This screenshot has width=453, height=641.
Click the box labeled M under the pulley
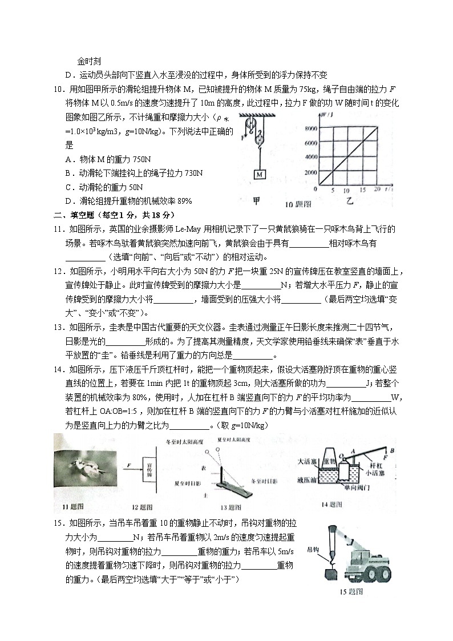pos(259,174)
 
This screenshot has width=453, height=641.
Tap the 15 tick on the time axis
pos(362,190)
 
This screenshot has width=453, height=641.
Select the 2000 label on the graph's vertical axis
pos(309,172)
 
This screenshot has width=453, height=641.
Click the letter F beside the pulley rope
pos(243,138)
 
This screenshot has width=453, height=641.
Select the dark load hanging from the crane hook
pos(331,574)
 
